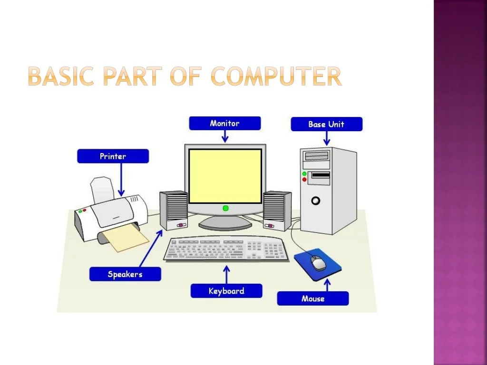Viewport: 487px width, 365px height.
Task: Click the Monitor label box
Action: (x=225, y=123)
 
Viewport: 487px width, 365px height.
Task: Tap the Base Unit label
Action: (x=326, y=124)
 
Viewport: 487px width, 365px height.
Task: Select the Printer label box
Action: (x=113, y=156)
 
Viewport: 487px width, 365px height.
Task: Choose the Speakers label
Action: (x=125, y=274)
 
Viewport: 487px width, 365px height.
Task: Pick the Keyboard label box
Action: (x=226, y=291)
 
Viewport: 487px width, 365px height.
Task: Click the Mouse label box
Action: (x=313, y=298)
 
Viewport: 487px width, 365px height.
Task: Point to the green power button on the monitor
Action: (x=226, y=208)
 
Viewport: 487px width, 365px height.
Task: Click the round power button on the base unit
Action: (x=316, y=201)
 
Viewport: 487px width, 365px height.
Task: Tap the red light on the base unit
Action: (x=304, y=180)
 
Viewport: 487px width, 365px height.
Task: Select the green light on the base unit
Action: (x=304, y=174)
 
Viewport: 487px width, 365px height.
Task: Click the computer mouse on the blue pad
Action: (x=319, y=263)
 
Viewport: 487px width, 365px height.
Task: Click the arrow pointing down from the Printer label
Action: (x=121, y=180)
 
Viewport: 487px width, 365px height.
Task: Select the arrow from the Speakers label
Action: (x=151, y=249)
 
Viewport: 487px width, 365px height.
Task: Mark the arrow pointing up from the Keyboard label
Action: (x=227, y=275)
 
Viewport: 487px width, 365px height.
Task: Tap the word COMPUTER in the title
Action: (x=276, y=76)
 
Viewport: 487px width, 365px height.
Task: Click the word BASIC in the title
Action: (x=61, y=76)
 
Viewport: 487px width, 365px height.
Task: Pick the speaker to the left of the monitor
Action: (x=174, y=211)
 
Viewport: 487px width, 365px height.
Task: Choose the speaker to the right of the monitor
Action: (x=277, y=211)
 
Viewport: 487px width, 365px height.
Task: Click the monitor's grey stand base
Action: (x=225, y=222)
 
